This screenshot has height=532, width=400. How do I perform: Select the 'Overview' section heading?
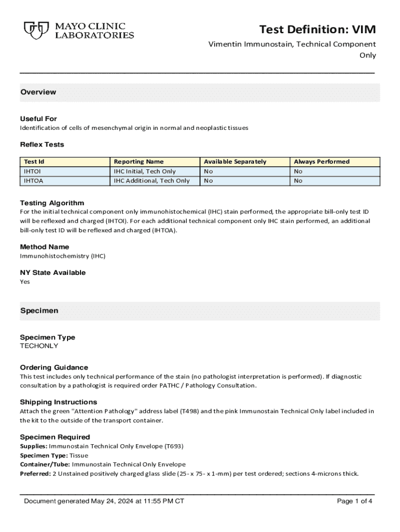(38, 92)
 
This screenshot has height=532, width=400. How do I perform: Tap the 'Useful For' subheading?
(38, 118)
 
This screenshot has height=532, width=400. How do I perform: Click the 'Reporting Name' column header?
(139, 162)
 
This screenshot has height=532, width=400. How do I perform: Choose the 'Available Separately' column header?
(235, 162)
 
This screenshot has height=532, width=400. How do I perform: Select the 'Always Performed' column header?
(322, 162)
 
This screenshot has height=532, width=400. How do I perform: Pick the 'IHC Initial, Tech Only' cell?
(145, 171)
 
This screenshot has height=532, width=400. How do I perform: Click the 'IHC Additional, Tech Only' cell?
(152, 181)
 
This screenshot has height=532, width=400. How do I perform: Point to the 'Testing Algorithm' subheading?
(52, 203)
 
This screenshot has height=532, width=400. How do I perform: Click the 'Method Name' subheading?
(45, 247)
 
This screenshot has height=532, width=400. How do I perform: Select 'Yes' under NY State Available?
(25, 282)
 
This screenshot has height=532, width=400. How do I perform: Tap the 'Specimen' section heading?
(39, 311)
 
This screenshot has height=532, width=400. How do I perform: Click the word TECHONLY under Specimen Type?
(39, 346)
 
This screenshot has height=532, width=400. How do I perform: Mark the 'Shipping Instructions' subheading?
(59, 402)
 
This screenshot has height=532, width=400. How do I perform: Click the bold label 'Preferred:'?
(35, 473)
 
